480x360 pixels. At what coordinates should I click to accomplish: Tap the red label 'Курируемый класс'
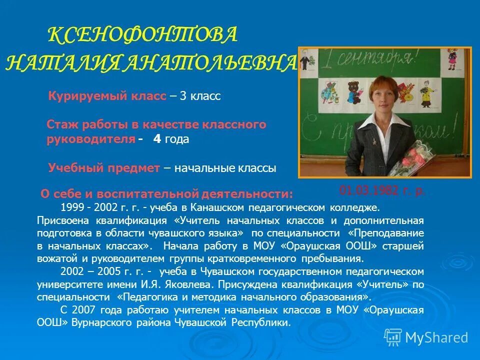pyautogui.click(x=107, y=96)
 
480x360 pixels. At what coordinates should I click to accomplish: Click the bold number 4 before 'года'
pyautogui.click(x=157, y=139)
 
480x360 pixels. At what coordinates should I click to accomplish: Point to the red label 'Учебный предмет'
pyautogui.click(x=104, y=168)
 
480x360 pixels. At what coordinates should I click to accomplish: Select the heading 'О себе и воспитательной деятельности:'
pyautogui.click(x=166, y=193)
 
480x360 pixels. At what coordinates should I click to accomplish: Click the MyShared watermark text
pyautogui.click(x=436, y=337)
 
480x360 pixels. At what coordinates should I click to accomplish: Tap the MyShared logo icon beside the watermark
pyautogui.click(x=393, y=337)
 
